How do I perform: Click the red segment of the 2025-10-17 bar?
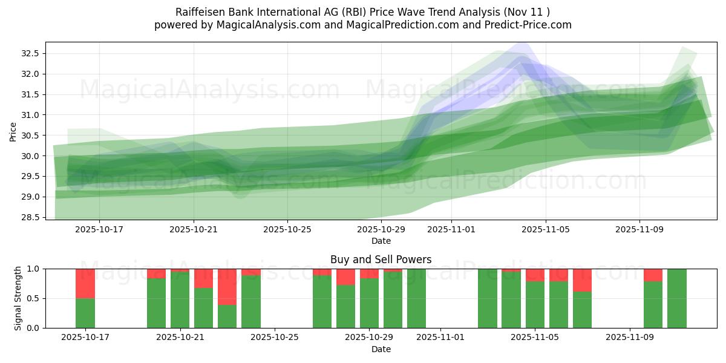click(x=85, y=283)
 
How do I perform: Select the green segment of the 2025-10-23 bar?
click(x=227, y=316)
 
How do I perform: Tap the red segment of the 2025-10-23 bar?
click(x=227, y=287)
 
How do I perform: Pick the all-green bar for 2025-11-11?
click(x=677, y=298)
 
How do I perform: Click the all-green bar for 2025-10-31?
click(x=416, y=298)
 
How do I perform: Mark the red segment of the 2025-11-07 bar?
click(x=582, y=280)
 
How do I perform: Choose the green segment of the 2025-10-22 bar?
click(x=204, y=308)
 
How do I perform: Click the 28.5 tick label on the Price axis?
click(x=30, y=217)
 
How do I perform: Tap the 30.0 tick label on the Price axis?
click(x=30, y=156)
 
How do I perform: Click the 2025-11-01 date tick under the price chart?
click(x=452, y=229)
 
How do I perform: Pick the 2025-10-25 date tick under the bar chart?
click(x=275, y=338)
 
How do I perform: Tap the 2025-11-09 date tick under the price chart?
click(x=640, y=229)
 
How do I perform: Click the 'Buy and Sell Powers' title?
click(x=381, y=260)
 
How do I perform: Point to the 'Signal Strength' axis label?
click(x=18, y=298)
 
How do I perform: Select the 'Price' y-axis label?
click(x=13, y=131)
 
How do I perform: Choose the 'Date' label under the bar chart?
click(x=381, y=349)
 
